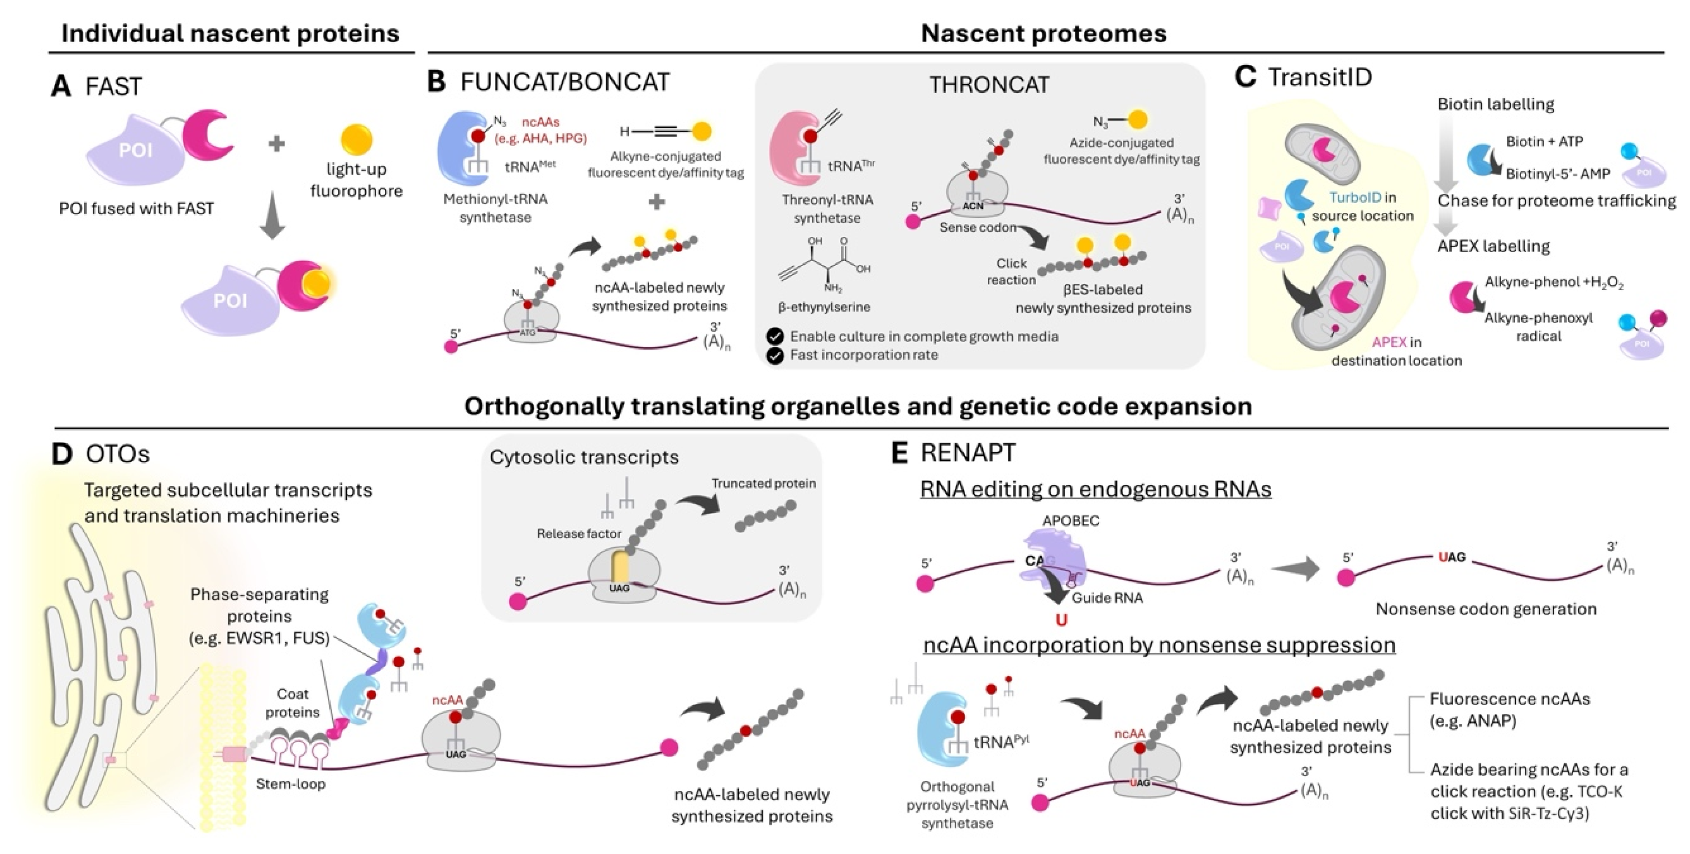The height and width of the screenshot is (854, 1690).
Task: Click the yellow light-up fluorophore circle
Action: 356,140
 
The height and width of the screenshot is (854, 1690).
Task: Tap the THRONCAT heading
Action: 989,85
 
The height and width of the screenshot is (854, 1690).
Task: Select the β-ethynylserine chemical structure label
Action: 824,307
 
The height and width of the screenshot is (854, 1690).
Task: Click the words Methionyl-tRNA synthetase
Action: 495,208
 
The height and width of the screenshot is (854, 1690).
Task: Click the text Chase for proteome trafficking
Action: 1556,201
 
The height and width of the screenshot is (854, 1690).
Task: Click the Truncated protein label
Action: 764,484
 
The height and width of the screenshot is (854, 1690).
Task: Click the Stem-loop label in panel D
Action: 291,784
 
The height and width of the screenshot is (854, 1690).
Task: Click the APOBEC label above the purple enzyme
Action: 1071,521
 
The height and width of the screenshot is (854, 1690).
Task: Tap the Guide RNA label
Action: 1107,598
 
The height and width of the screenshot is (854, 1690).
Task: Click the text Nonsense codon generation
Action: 1485,609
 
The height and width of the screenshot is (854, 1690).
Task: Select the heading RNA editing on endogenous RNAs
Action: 1095,489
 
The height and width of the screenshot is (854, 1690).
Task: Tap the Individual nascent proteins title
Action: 230,33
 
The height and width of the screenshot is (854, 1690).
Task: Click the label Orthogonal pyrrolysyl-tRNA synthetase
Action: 957,805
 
